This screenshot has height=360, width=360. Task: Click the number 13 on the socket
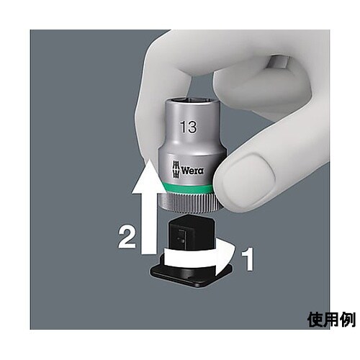click(x=189, y=127)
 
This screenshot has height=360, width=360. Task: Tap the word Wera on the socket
click(x=192, y=172)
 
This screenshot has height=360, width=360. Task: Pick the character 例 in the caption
click(x=347, y=318)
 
